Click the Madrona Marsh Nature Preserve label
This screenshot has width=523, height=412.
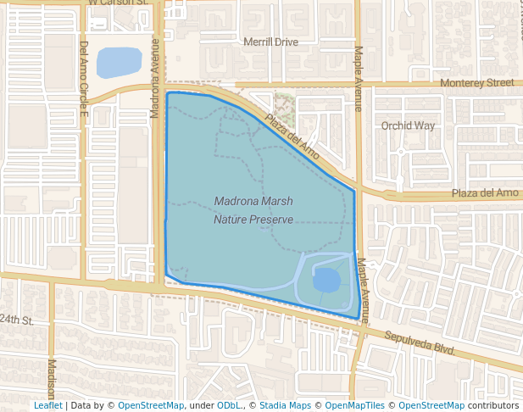pyautogui.click(x=253, y=210)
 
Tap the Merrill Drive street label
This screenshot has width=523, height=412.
pyautogui.click(x=270, y=42)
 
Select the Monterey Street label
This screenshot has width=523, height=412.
pyautogui.click(x=477, y=83)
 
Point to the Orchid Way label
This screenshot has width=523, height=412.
pyautogui.click(x=408, y=125)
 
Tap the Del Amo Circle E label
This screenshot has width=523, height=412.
pyautogui.click(x=84, y=80)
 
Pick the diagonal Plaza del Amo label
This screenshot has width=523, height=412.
pyautogui.click(x=291, y=136)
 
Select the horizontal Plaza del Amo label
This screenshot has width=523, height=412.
pyautogui.click(x=483, y=193)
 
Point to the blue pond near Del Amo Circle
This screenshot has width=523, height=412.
pyautogui.click(x=119, y=63)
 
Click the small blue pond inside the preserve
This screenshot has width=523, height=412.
pyautogui.click(x=327, y=279)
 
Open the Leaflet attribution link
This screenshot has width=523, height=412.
pyautogui.click(x=47, y=405)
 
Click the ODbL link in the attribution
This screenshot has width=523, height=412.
pyautogui.click(x=228, y=405)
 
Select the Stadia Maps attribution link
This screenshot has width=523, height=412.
pyautogui.click(x=284, y=405)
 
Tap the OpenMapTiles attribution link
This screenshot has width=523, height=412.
pyautogui.click(x=367, y=405)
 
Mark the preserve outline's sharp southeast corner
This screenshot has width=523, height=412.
pyautogui.click(x=356, y=319)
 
